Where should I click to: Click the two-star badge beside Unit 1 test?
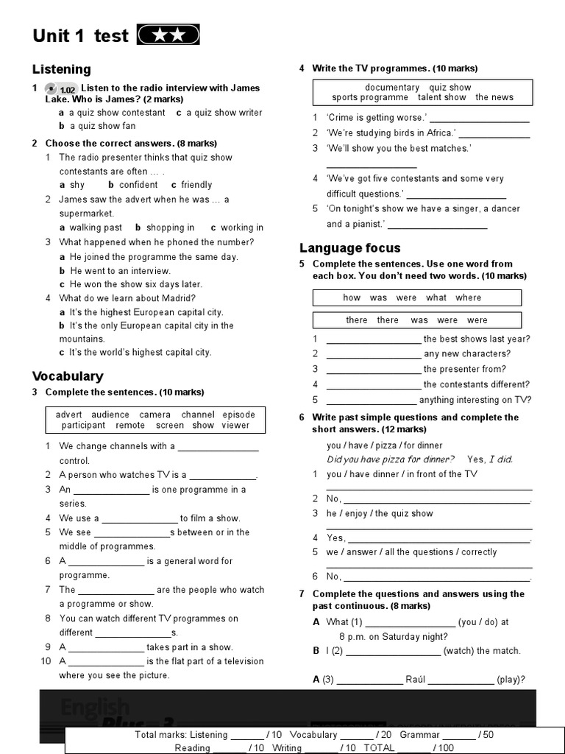[168, 35]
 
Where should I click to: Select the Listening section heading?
[61, 69]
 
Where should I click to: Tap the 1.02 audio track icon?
[63, 88]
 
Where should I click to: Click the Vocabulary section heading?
[68, 376]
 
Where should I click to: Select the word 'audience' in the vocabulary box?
[110, 415]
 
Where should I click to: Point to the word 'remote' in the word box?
[130, 426]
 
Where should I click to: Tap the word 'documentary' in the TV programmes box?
[392, 87]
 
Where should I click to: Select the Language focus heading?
[350, 248]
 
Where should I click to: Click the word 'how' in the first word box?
[352, 297]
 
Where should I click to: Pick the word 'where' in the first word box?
[468, 297]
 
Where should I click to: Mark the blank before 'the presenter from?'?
[373, 370]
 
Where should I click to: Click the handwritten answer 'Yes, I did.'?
[490, 459]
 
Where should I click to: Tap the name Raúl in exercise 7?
[416, 680]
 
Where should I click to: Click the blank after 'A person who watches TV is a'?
[222, 476]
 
